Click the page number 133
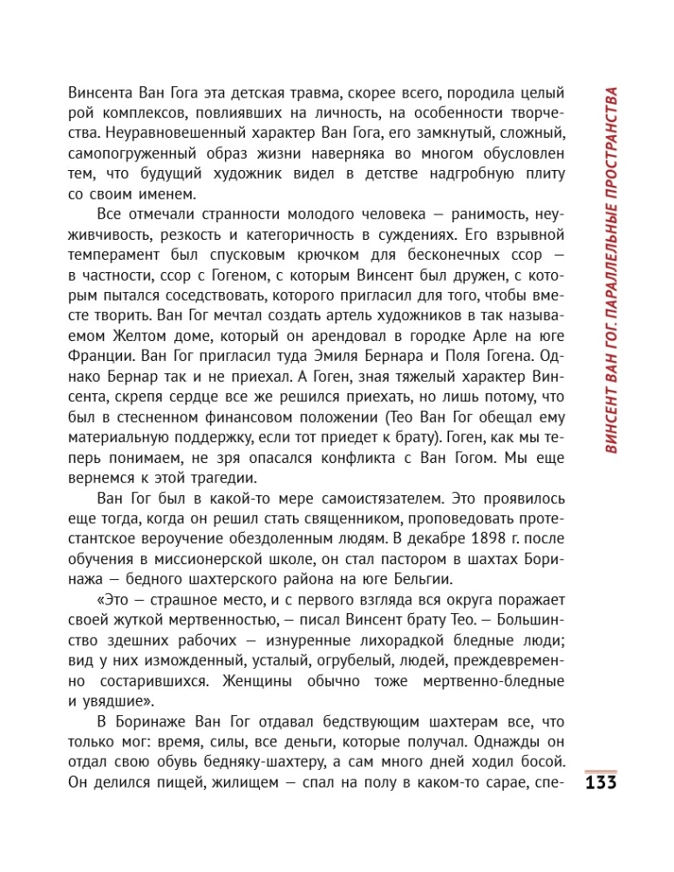pyautogui.click(x=601, y=781)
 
